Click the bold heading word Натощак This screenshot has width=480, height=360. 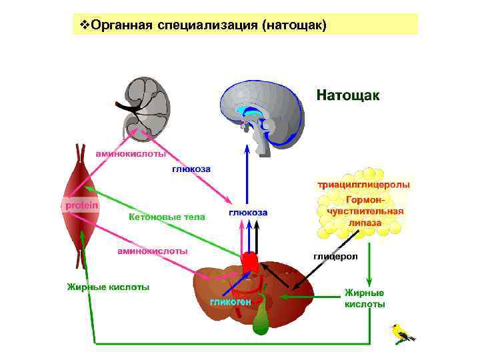click(348, 95)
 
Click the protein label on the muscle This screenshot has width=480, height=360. click(81, 205)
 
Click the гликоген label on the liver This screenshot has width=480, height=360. click(231, 302)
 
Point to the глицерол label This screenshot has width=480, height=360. click(335, 256)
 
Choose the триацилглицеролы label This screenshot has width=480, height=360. click(363, 184)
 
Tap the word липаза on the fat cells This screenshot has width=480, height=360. click(363, 223)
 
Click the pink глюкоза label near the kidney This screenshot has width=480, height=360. click(191, 169)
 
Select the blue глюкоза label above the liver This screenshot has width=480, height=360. click(248, 213)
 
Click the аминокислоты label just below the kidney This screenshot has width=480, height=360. click(131, 153)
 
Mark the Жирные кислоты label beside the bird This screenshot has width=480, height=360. click(365, 299)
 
